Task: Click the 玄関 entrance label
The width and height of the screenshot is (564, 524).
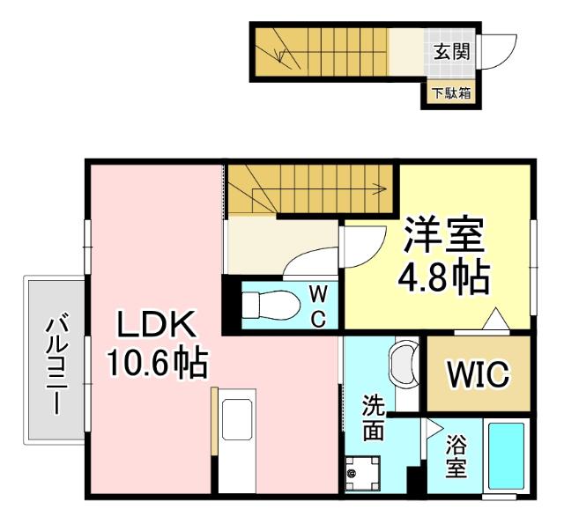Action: (450, 51)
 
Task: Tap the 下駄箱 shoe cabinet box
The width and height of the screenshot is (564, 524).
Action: (450, 92)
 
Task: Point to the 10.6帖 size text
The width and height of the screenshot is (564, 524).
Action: (157, 362)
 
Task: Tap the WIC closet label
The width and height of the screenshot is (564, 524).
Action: (479, 375)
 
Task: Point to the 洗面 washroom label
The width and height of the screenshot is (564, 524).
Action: (374, 418)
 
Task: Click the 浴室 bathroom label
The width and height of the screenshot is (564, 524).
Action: (455, 456)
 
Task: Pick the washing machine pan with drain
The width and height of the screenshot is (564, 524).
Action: (364, 472)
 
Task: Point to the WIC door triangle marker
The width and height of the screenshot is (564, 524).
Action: (493, 321)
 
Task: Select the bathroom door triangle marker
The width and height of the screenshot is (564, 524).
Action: (433, 428)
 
